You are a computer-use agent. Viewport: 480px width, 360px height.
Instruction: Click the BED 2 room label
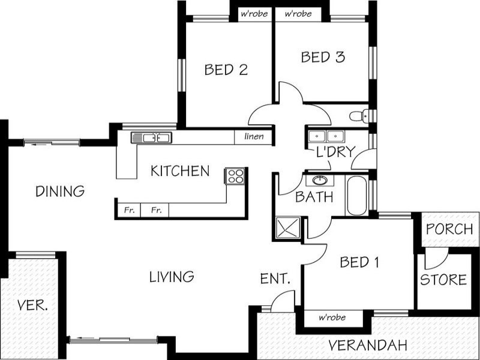pos(226,70)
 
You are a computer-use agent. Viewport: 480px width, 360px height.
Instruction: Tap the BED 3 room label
pos(323,58)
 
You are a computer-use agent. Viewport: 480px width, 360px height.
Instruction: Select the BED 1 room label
pos(359,262)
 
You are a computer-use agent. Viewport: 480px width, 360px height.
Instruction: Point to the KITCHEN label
pos(179,172)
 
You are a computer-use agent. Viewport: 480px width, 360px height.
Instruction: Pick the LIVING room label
pos(171,277)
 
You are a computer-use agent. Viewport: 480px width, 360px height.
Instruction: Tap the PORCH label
pos(449,229)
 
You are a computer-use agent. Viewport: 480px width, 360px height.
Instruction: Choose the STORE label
pos(443,280)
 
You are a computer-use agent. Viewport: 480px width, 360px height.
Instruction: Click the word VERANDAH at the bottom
pos(368,346)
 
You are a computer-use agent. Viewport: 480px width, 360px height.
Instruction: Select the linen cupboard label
pos(254,137)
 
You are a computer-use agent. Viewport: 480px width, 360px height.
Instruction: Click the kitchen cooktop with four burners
pos(235,176)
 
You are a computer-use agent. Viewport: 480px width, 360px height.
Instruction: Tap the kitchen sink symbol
pos(151,138)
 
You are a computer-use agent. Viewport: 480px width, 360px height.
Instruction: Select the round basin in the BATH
pos(319,180)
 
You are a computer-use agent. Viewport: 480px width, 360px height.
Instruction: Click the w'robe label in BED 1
pos(332,318)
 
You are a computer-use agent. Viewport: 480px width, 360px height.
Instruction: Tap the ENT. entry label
pos(275,279)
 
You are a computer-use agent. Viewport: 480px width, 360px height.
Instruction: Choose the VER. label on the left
pos(34,305)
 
